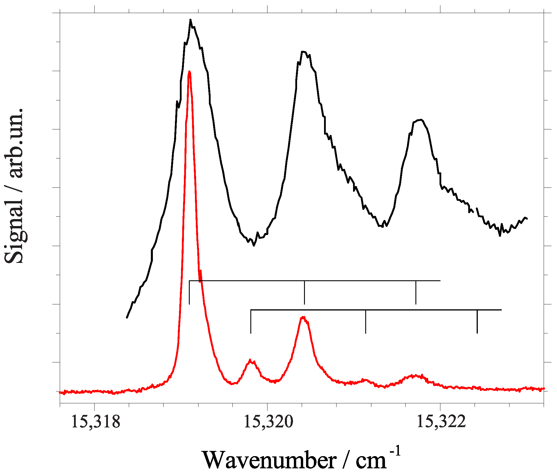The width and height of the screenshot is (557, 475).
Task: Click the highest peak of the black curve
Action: (x=190, y=20)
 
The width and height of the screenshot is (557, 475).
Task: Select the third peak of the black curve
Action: (x=420, y=120)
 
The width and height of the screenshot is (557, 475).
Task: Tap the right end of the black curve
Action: (x=527, y=218)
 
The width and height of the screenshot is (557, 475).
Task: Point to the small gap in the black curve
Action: (x=475, y=210)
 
